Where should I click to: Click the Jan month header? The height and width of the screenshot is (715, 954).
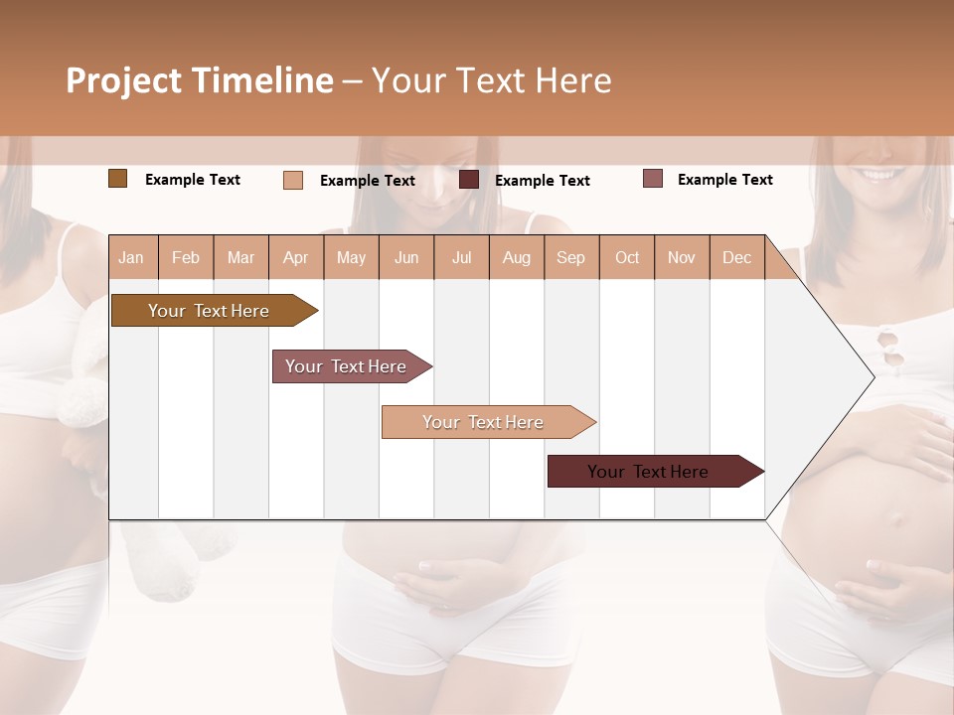(131, 257)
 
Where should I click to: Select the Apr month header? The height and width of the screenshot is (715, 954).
(295, 257)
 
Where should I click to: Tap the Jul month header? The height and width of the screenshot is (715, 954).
(461, 257)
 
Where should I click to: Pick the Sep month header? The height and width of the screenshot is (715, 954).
(570, 257)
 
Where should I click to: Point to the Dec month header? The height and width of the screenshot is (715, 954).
(736, 257)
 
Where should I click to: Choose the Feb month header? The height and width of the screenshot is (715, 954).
(186, 257)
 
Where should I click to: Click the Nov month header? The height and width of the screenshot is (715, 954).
(681, 257)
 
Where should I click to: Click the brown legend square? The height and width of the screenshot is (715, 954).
(117, 179)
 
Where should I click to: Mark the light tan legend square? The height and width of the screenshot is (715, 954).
(293, 180)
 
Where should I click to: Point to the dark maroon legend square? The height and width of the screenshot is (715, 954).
(469, 180)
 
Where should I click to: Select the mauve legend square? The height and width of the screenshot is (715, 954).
(652, 179)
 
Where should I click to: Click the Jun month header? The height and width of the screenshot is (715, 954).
(406, 257)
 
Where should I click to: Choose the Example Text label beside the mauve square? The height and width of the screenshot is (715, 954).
(724, 180)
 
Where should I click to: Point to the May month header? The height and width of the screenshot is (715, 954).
(351, 257)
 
